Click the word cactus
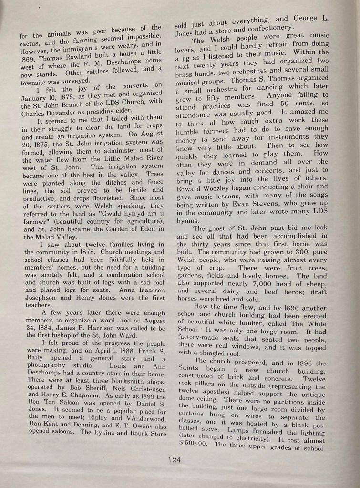[x=30, y=45]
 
